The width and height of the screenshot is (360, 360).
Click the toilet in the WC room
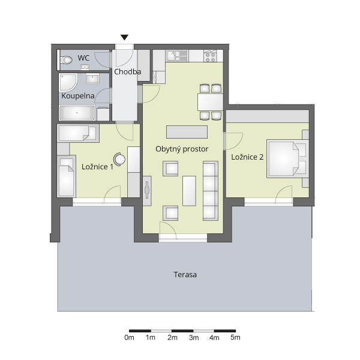[x=67, y=60]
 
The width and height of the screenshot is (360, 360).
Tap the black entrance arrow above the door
[x=124, y=37]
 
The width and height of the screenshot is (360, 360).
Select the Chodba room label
[x=127, y=71]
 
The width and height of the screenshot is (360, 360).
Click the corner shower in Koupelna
[x=68, y=82]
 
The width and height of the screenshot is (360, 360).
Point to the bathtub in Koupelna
[x=77, y=113]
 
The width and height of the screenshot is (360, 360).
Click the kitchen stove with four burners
[x=211, y=56]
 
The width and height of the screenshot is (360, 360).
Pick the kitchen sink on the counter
[x=177, y=56]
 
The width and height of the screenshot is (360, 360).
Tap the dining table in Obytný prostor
[x=210, y=102]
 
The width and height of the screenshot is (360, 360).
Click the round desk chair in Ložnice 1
[x=119, y=159]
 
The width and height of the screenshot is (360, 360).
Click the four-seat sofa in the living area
[x=211, y=191]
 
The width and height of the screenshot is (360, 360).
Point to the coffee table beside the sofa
[x=189, y=191]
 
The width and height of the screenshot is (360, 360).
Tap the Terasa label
[x=185, y=275]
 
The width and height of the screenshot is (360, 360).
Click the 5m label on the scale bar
[x=235, y=337]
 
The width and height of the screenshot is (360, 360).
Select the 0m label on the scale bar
[x=129, y=337]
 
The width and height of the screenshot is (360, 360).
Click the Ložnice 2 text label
[x=247, y=157]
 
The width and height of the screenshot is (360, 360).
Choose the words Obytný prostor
[x=182, y=149]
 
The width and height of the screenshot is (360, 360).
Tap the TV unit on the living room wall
[x=147, y=191]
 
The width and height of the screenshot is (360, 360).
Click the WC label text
[x=83, y=58]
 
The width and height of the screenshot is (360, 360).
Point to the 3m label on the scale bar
[x=194, y=337]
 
